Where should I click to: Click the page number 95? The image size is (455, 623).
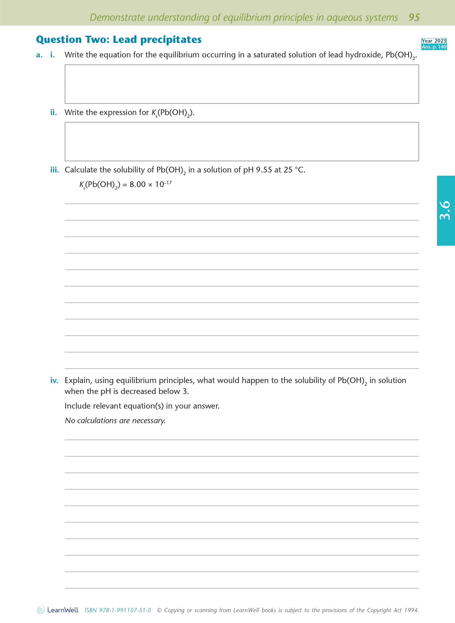coord(414,17)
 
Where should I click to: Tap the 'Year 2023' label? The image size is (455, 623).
coord(434,41)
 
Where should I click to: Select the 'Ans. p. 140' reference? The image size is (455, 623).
coord(434,47)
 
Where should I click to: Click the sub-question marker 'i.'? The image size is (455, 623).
coord(52,55)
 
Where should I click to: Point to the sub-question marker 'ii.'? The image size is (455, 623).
coord(54,113)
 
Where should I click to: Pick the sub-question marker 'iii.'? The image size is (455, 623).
coord(54,170)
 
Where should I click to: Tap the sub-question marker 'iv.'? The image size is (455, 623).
coord(54,380)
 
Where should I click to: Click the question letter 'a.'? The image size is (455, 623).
coord(39,55)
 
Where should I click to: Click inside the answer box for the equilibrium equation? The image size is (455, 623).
coord(242,84)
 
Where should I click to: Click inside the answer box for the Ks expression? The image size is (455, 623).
coord(242,141)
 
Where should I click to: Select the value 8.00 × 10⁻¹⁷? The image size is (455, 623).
coord(150,184)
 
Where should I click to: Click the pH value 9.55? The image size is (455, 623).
coord(264,170)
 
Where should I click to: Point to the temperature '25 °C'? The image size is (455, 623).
coord(294,170)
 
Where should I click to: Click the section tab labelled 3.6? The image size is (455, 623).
coord(445,211)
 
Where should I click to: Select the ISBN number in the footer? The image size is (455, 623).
coord(118,610)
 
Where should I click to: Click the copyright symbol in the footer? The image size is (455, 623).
coord(159,610)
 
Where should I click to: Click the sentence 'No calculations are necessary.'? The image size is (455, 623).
coord(115,420)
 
